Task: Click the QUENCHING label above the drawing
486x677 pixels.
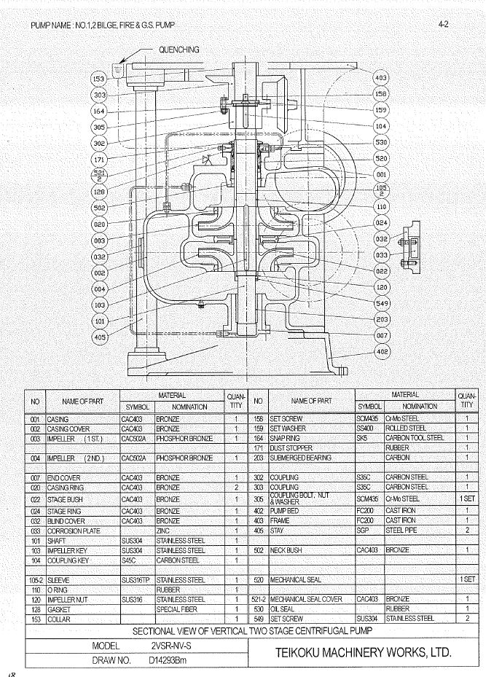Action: pyautogui.click(x=179, y=50)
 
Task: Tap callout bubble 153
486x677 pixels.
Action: pyautogui.click(x=99, y=78)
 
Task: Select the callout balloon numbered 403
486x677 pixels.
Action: pyautogui.click(x=381, y=77)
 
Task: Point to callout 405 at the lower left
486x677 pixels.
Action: pyautogui.click(x=99, y=336)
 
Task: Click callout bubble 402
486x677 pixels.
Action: pyautogui.click(x=381, y=352)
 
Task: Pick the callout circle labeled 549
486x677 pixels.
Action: pyautogui.click(x=381, y=303)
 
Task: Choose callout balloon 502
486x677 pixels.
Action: pyautogui.click(x=99, y=208)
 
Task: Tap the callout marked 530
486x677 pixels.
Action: pyautogui.click(x=381, y=141)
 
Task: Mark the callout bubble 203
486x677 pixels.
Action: pyautogui.click(x=381, y=320)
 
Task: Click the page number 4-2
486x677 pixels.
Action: pyautogui.click(x=443, y=25)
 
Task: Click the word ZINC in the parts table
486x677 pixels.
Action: pyautogui.click(x=163, y=531)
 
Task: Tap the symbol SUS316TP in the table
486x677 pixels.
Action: pyautogui.click(x=136, y=580)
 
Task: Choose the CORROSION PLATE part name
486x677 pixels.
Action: pyautogui.click(x=73, y=531)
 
